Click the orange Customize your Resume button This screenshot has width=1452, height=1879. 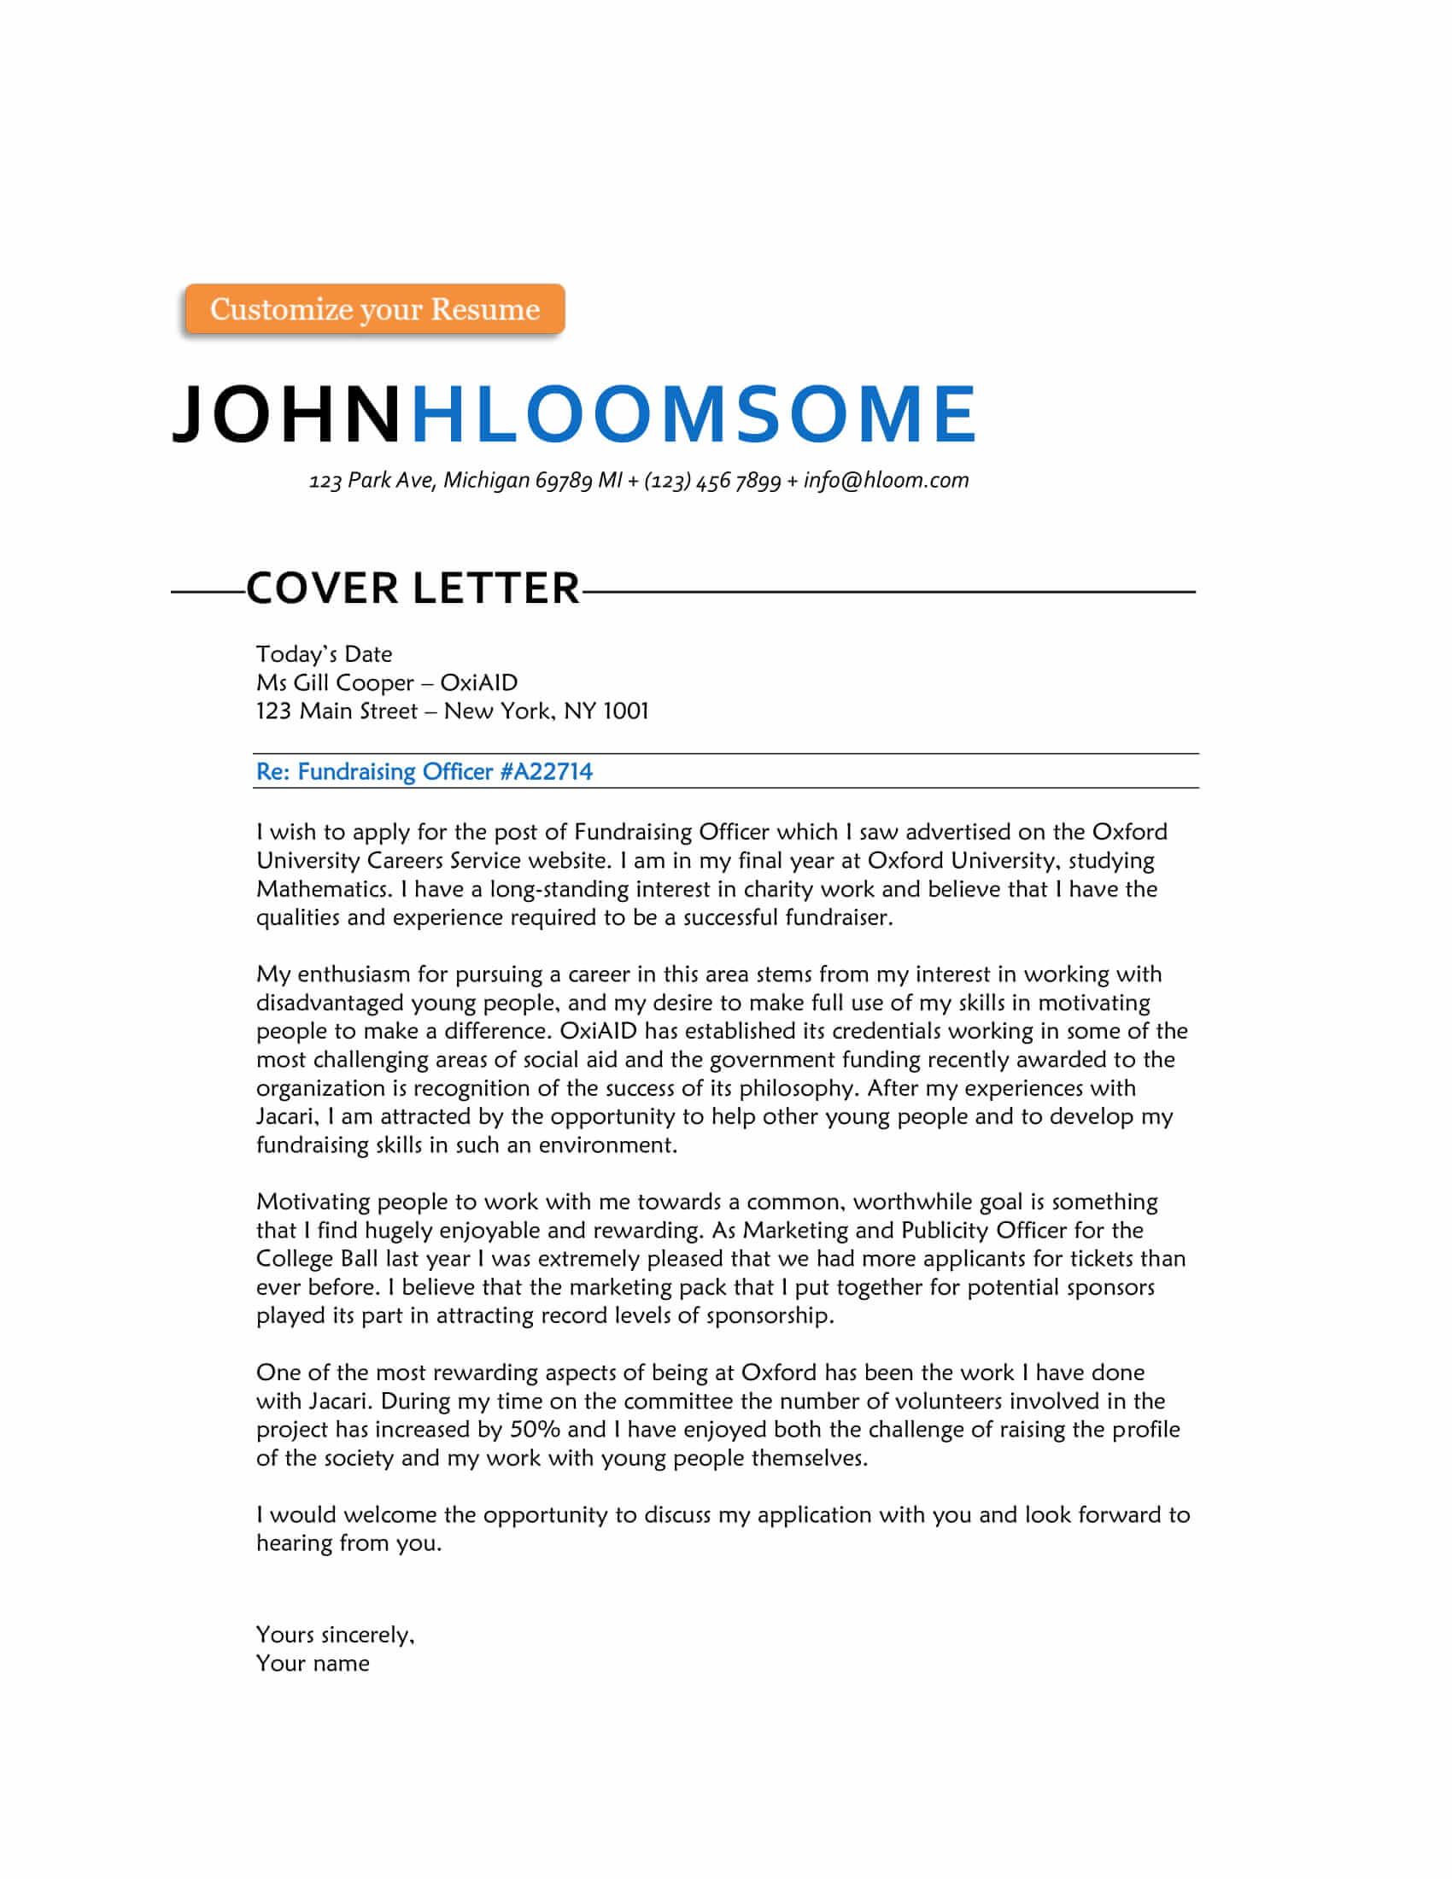[x=374, y=309]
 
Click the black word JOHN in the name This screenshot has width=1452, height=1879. [x=286, y=414]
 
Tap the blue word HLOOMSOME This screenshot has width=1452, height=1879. [x=694, y=414]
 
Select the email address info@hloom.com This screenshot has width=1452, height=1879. [x=886, y=480]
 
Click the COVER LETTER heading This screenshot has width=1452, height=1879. [x=413, y=589]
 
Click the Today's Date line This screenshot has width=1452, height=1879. [x=324, y=654]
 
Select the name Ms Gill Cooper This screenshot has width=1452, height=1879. [x=336, y=682]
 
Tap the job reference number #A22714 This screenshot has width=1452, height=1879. [x=547, y=772]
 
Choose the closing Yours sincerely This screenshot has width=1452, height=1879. [x=335, y=1635]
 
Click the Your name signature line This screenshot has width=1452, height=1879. [x=313, y=1663]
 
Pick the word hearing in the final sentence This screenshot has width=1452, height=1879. [x=294, y=1543]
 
